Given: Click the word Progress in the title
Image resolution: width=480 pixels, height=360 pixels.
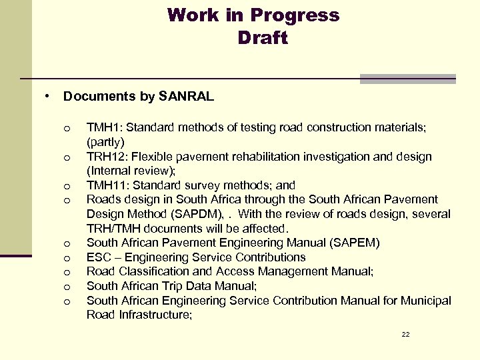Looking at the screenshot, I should (x=295, y=15).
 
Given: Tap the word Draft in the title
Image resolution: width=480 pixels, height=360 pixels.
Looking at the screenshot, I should (x=262, y=38).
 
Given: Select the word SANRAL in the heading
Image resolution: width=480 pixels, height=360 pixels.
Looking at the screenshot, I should (x=187, y=97).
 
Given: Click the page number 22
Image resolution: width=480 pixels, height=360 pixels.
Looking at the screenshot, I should (x=405, y=334).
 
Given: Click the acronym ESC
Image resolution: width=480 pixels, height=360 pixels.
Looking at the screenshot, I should (x=99, y=257).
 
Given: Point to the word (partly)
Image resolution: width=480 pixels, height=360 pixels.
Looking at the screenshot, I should (x=105, y=143).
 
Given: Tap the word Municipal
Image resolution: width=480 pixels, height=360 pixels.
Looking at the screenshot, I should (x=427, y=301).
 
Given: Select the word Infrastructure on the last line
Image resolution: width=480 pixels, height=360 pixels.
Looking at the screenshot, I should (x=154, y=315).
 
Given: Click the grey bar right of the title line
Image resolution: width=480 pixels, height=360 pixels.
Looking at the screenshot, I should (x=407, y=79).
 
